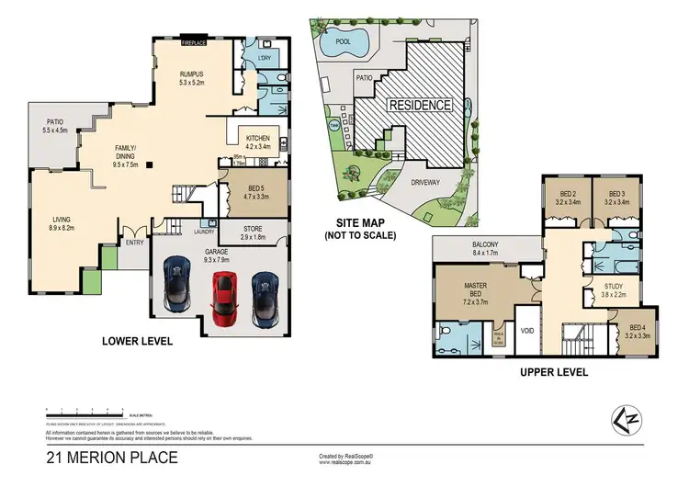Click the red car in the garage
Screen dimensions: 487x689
click(223, 299)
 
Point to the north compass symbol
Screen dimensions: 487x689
click(627, 421)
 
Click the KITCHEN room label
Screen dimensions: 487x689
click(258, 138)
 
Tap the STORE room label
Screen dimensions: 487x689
click(254, 229)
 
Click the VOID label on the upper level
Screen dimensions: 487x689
click(527, 329)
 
